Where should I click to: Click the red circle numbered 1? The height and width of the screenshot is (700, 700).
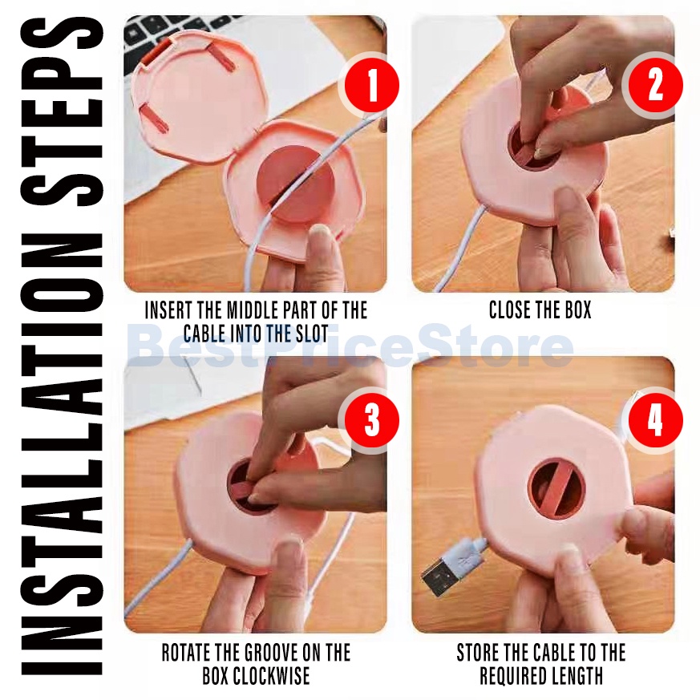pyautogui.click(x=371, y=85)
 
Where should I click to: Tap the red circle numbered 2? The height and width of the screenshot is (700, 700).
pyautogui.click(x=655, y=85)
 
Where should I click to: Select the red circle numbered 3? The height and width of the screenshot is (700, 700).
pyautogui.click(x=371, y=420)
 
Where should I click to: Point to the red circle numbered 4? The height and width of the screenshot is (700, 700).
pyautogui.click(x=655, y=420)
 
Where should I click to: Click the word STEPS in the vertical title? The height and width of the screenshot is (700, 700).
pyautogui.click(x=62, y=111)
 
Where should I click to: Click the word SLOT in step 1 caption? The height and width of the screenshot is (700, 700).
pyautogui.click(x=312, y=333)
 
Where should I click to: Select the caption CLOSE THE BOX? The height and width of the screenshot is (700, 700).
pyautogui.click(x=540, y=310)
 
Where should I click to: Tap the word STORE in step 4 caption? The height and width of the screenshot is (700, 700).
pyautogui.click(x=477, y=652)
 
